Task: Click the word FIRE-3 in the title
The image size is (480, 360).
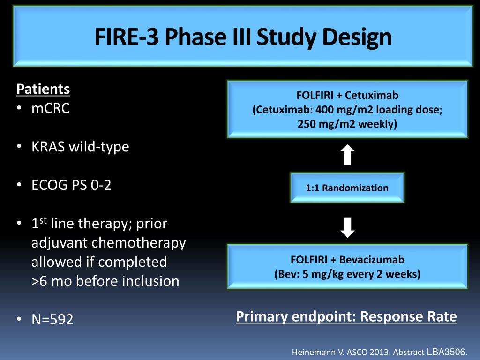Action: coord(127,37)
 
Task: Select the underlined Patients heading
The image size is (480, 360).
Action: coord(43,89)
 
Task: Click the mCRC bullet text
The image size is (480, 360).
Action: coord(51,108)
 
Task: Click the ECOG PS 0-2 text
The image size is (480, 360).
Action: coord(71,185)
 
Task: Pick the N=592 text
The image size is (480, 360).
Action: coord(52,319)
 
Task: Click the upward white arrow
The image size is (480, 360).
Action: coord(347,155)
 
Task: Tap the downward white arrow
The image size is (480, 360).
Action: coord(347,227)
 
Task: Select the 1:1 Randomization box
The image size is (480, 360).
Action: coord(347,187)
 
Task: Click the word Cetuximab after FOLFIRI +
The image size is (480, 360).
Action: coord(372,95)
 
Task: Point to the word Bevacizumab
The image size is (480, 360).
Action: coord(372,260)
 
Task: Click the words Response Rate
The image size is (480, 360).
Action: coord(408,316)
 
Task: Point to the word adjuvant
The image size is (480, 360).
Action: coord(60,243)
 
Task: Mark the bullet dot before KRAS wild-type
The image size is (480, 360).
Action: coord(19,147)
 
